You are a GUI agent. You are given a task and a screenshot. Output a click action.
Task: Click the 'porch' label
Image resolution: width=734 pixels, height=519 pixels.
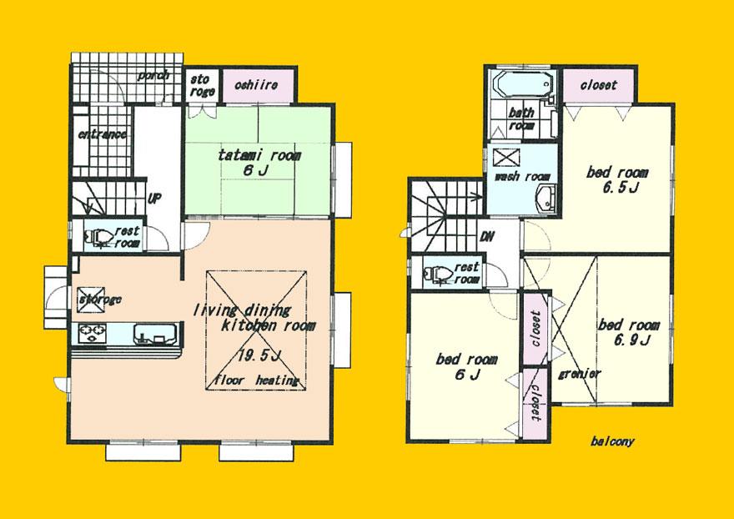pyautogui.click(x=154, y=75)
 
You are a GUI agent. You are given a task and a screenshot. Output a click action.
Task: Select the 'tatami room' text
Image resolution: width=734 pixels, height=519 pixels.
pyautogui.click(x=259, y=155)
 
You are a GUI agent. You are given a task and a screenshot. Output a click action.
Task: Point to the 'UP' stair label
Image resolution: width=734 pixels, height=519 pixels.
pyautogui.click(x=155, y=199)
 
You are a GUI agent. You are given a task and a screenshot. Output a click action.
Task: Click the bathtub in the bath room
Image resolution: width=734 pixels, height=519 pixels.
pyautogui.click(x=520, y=85)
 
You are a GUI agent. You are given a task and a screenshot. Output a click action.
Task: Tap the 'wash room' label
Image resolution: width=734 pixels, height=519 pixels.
pyautogui.click(x=523, y=177)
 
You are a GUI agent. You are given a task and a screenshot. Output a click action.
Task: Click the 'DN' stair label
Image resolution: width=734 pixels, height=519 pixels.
pyautogui.click(x=487, y=236)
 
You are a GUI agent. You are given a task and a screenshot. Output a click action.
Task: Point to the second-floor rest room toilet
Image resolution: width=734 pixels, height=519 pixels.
pyautogui.click(x=438, y=272)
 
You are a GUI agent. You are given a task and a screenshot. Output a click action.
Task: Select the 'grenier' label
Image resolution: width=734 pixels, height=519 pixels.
pyautogui.click(x=580, y=373)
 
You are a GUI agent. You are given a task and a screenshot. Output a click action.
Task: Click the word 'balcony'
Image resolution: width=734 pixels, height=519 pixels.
pyautogui.click(x=611, y=441)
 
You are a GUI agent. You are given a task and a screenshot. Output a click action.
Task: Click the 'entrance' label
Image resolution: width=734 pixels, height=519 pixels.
pyautogui.click(x=102, y=134)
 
